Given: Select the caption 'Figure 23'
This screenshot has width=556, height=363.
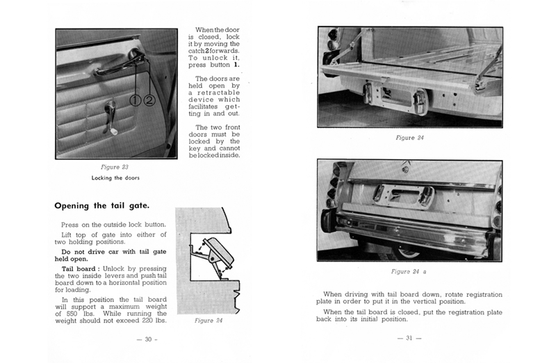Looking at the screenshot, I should point(115,167).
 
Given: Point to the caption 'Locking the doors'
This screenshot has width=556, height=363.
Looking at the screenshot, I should point(115,178).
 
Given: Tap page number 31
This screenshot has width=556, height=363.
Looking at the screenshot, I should point(409,339).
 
